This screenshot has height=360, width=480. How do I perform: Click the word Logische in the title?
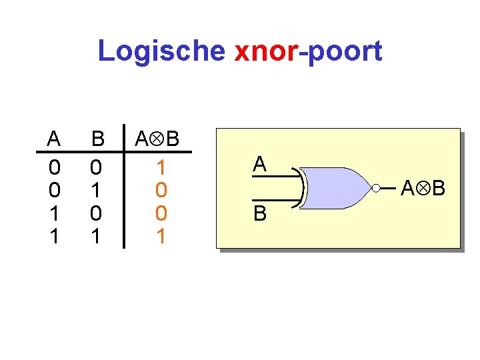162,51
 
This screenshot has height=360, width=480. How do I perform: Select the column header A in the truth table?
54,139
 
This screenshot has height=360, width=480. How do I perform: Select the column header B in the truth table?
98,139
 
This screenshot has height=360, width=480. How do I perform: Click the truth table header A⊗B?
157,139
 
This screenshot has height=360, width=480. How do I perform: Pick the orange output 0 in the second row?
160,191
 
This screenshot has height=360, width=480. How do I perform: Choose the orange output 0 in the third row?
160,214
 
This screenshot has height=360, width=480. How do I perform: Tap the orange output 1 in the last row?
160,237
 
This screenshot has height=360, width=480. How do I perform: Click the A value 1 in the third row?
54,214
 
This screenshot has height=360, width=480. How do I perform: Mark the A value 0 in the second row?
54,191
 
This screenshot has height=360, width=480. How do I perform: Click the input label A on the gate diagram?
260,165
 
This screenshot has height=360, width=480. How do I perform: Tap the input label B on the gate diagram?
260,213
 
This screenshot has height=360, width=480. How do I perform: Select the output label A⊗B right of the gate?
423,189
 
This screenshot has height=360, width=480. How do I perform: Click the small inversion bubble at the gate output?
376,189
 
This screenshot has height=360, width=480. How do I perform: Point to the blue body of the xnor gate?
337,188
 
